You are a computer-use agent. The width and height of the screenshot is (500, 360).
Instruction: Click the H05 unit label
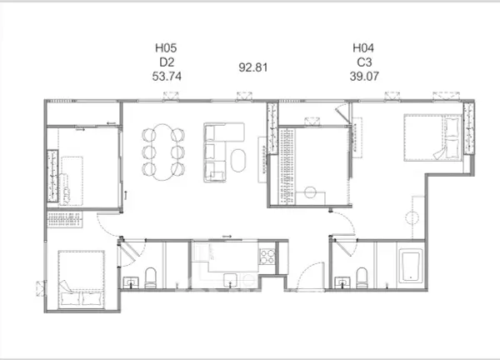point(166,47)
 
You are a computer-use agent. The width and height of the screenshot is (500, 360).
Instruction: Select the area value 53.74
point(167,76)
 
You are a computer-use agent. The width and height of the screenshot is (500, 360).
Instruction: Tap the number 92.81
point(253,67)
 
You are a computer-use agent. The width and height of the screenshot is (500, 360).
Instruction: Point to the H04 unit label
point(363,47)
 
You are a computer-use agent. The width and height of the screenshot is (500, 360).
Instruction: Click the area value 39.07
point(364,76)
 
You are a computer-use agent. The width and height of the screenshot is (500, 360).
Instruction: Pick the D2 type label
point(167,62)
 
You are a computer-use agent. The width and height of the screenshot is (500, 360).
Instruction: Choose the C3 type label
point(364,62)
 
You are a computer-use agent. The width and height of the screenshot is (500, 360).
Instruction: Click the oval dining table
point(163,152)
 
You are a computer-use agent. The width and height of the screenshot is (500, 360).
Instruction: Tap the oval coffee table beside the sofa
point(238,160)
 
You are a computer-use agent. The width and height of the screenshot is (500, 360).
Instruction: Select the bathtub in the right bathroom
point(411,266)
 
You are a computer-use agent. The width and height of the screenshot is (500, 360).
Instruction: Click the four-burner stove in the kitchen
point(267,257)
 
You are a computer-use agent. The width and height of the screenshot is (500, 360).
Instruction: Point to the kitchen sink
point(230,280)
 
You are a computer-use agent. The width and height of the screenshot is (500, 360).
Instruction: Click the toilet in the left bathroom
point(151,277)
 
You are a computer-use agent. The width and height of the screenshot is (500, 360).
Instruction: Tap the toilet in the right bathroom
point(362,277)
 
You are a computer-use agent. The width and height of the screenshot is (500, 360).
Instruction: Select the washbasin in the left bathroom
point(131,282)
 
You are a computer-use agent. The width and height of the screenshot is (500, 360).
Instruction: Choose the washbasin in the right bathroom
point(342,282)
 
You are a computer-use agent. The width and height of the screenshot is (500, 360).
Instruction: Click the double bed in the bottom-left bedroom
point(82,280)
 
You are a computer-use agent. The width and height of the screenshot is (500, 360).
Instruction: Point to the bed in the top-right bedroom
point(432,137)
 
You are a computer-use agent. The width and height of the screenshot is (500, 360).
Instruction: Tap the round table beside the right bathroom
point(412,218)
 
